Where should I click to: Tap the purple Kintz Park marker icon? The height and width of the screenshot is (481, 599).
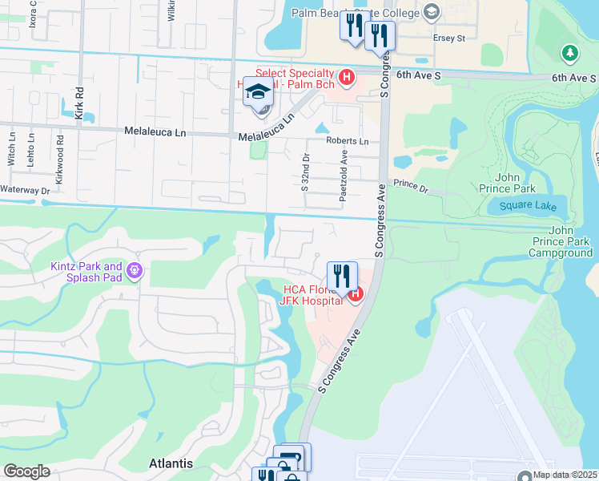(x=134, y=272)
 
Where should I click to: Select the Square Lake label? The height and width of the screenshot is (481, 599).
(x=521, y=206)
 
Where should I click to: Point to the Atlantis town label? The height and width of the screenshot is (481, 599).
(x=171, y=463)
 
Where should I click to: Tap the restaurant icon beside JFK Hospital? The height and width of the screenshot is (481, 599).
(x=342, y=277)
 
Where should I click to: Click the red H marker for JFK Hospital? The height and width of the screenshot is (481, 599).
(x=355, y=294)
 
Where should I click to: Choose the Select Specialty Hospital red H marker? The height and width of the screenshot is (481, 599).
(x=347, y=78)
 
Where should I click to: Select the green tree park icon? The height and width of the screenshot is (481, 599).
(x=569, y=53)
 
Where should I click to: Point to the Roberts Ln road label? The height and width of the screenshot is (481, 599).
(x=347, y=141)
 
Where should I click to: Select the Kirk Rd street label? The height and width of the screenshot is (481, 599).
(x=79, y=103)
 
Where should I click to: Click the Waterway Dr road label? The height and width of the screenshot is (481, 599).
(x=25, y=191)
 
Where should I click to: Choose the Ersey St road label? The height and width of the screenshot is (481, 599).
(x=449, y=38)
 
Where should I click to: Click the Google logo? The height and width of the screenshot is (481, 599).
(x=26, y=471)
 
